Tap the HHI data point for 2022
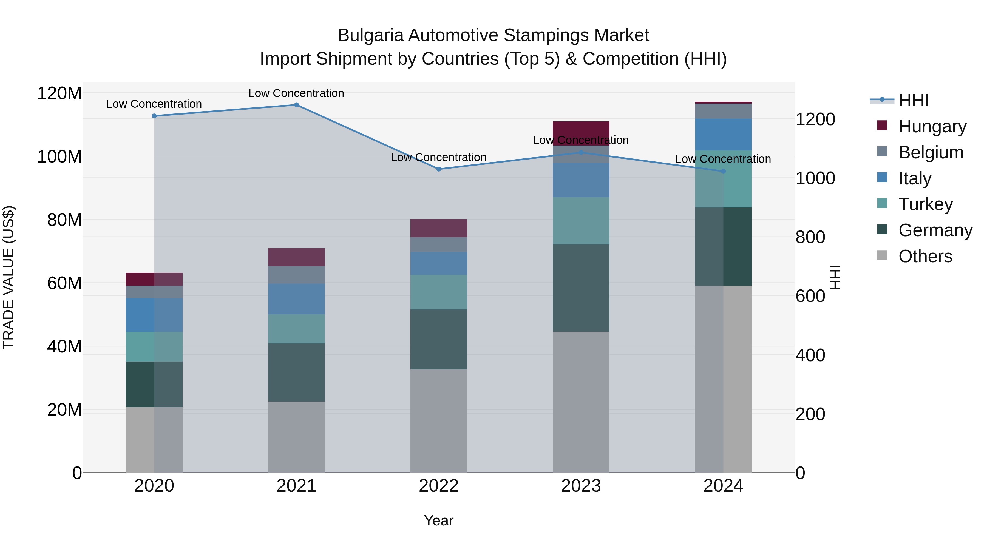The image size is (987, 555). point(439,169)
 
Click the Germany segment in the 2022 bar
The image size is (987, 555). point(439,339)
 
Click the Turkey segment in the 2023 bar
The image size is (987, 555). point(581,221)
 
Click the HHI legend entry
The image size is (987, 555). point(914,100)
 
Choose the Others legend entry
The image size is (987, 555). point(925,256)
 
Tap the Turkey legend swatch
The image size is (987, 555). point(882,203)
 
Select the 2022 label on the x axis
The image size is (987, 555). point(439,486)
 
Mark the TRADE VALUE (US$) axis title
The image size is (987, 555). point(8,277)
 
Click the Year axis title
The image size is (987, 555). point(439,520)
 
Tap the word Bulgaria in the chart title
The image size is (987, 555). point(370,35)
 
